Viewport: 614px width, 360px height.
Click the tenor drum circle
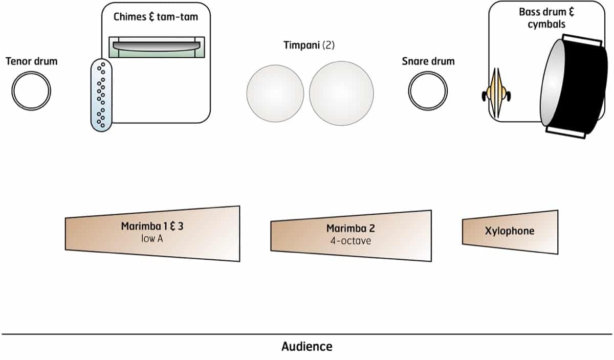click(x=31, y=91)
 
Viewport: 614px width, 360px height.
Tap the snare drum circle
click(x=428, y=91)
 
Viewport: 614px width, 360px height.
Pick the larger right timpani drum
click(x=341, y=94)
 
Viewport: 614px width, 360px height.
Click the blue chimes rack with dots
click(x=102, y=95)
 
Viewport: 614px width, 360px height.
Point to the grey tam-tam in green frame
click(x=157, y=47)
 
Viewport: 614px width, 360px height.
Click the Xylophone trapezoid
click(x=510, y=232)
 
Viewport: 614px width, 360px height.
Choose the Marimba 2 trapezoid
click(x=351, y=235)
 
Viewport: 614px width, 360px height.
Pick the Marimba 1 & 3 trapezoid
click(x=152, y=233)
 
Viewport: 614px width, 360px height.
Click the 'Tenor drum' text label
click(x=31, y=62)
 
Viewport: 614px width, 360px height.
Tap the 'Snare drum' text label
click(x=428, y=62)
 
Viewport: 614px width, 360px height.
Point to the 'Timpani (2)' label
click(x=309, y=45)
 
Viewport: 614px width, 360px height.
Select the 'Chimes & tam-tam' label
click(x=156, y=17)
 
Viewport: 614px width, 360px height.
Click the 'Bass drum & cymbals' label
click(x=546, y=17)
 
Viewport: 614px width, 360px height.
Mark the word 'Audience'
click(x=306, y=347)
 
